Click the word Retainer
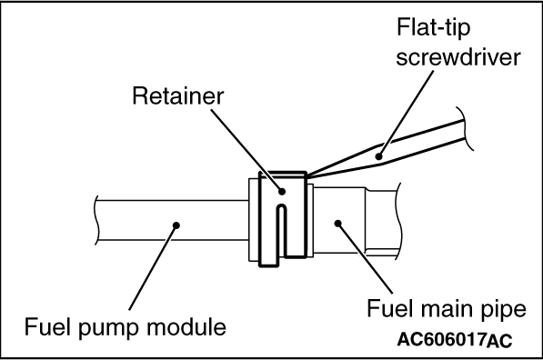(x=178, y=95)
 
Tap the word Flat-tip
(x=433, y=28)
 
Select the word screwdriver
(x=458, y=57)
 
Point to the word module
(x=186, y=326)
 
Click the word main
(x=445, y=308)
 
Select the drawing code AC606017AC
(x=455, y=340)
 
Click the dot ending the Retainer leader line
(x=282, y=191)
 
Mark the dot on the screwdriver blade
(x=379, y=156)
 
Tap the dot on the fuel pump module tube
(x=176, y=225)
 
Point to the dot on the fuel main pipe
(x=338, y=224)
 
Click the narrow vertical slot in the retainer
(x=282, y=231)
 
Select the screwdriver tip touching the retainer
(x=307, y=175)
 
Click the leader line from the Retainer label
(x=246, y=150)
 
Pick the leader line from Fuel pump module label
(x=153, y=267)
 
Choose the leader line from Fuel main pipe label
(x=365, y=258)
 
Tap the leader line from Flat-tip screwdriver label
(x=407, y=114)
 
